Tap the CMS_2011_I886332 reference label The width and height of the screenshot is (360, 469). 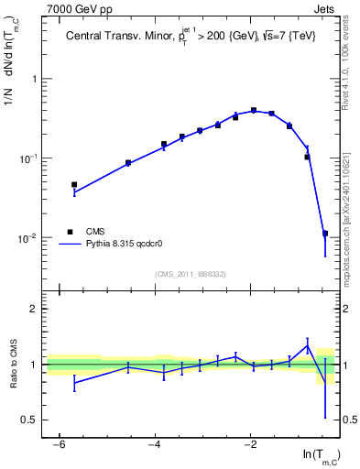tap(191, 274)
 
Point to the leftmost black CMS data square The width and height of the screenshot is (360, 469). tap(74, 184)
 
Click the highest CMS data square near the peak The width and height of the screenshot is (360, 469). tap(254, 110)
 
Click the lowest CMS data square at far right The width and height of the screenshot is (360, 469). tap(325, 234)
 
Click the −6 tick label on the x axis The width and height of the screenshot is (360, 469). tap(58, 444)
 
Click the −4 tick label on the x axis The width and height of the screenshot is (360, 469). tap(153, 444)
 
